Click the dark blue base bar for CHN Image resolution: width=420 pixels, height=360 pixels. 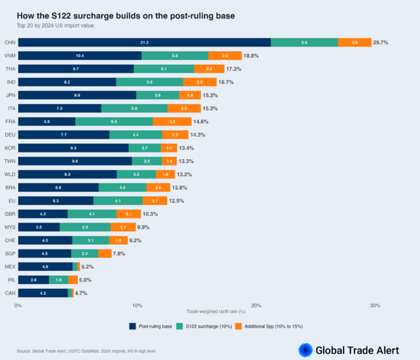pos(144,42)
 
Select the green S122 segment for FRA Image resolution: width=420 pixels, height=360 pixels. pos(114,121)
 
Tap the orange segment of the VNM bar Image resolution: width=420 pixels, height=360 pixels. pos(225,56)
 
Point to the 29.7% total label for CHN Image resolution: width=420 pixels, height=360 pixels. pos(381,42)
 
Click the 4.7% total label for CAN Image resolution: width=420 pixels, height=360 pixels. pos(81,293)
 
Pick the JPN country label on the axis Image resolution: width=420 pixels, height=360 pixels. pos(10,95)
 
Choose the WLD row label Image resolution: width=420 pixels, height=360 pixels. pos(10,174)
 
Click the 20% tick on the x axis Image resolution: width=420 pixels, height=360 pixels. pos(256,305)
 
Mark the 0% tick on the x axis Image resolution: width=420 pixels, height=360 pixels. pos(18,305)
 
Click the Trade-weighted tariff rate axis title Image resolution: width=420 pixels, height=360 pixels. pos(215,311)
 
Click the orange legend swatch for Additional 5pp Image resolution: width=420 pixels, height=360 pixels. pos(239,325)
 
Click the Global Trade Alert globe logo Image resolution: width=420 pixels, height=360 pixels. pos(305,350)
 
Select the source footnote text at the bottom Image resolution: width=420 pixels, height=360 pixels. pos(86,351)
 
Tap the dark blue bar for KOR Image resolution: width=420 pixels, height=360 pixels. pos(73,148)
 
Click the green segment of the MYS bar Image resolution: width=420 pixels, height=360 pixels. pos(85,227)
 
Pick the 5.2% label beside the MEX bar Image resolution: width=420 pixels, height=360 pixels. pos(88,266)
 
